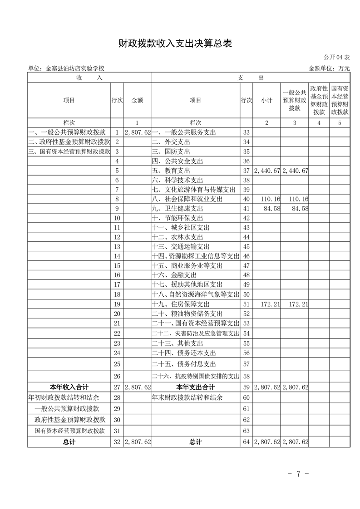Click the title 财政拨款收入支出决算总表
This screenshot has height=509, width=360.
pyautogui.click(x=175, y=44)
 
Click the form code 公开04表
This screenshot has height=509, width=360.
pyautogui.click(x=336, y=58)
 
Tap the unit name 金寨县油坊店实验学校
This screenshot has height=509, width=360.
pyautogui.click(x=66, y=68)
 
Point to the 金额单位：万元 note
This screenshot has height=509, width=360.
pyautogui.click(x=329, y=68)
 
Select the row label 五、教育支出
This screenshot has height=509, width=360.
pyautogui.click(x=171, y=171)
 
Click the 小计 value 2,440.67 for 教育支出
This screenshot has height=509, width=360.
pyautogui.click(x=267, y=171)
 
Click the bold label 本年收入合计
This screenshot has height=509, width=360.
pyautogui.click(x=69, y=387)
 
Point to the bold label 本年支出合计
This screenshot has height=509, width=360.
pyautogui.click(x=195, y=387)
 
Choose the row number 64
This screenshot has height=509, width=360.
pyautogui.click(x=247, y=441)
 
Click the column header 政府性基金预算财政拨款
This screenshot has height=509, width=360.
pyautogui.click(x=319, y=100)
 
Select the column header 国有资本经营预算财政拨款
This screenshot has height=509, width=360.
pyautogui.click(x=340, y=100)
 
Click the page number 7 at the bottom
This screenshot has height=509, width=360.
pyautogui.click(x=298, y=474)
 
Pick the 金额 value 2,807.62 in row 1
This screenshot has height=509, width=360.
pyautogui.click(x=137, y=132)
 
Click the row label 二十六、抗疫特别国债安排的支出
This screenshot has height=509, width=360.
pyautogui.click(x=195, y=376)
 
